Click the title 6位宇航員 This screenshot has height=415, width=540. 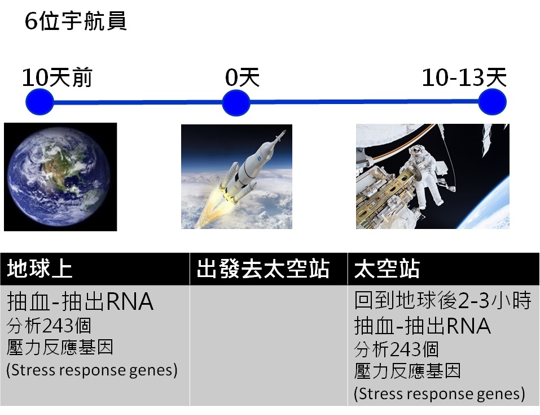pos(76,21)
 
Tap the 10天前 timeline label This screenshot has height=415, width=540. pos(57,77)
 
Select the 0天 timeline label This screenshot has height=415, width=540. pos(242,77)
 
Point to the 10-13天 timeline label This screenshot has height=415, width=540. pos(464,77)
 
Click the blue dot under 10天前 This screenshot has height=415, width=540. pos(39,102)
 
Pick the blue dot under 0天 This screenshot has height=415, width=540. pos(236,103)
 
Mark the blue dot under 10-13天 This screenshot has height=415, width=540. pos(493,102)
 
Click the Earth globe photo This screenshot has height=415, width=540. pos(60,176)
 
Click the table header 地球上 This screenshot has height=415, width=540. pos(39,269)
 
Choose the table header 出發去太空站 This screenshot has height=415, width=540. pos(263,269)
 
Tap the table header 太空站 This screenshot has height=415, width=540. pos(387,269)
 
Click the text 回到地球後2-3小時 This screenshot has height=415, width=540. pos(442,300)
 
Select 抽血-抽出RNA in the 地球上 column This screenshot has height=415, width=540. pos(80,301)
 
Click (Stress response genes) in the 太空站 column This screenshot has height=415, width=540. pos(440,394)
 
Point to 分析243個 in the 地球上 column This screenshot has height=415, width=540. pos(49,325)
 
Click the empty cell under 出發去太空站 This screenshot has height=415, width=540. pos(269,345)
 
